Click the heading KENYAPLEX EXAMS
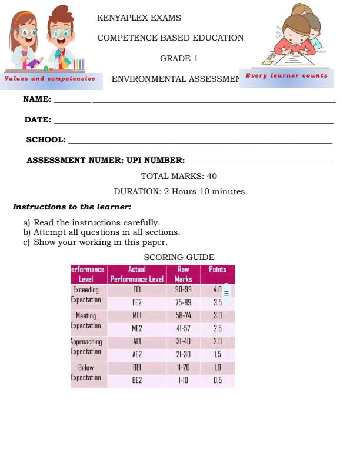click(x=139, y=18)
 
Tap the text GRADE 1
click(x=179, y=58)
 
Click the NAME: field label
click(x=37, y=99)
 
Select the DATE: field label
click(x=38, y=120)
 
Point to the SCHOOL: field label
click(x=46, y=140)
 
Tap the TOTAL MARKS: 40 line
click(x=179, y=176)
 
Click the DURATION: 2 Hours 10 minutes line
click(x=179, y=191)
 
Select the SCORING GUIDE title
click(x=179, y=257)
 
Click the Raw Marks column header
click(x=184, y=274)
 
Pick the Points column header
click(x=217, y=269)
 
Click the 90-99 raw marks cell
click(x=184, y=290)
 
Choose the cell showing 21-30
click(x=184, y=354)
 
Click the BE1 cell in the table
click(x=136, y=367)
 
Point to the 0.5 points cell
click(x=217, y=380)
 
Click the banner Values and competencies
click(x=50, y=78)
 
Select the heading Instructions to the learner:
click(x=72, y=207)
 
